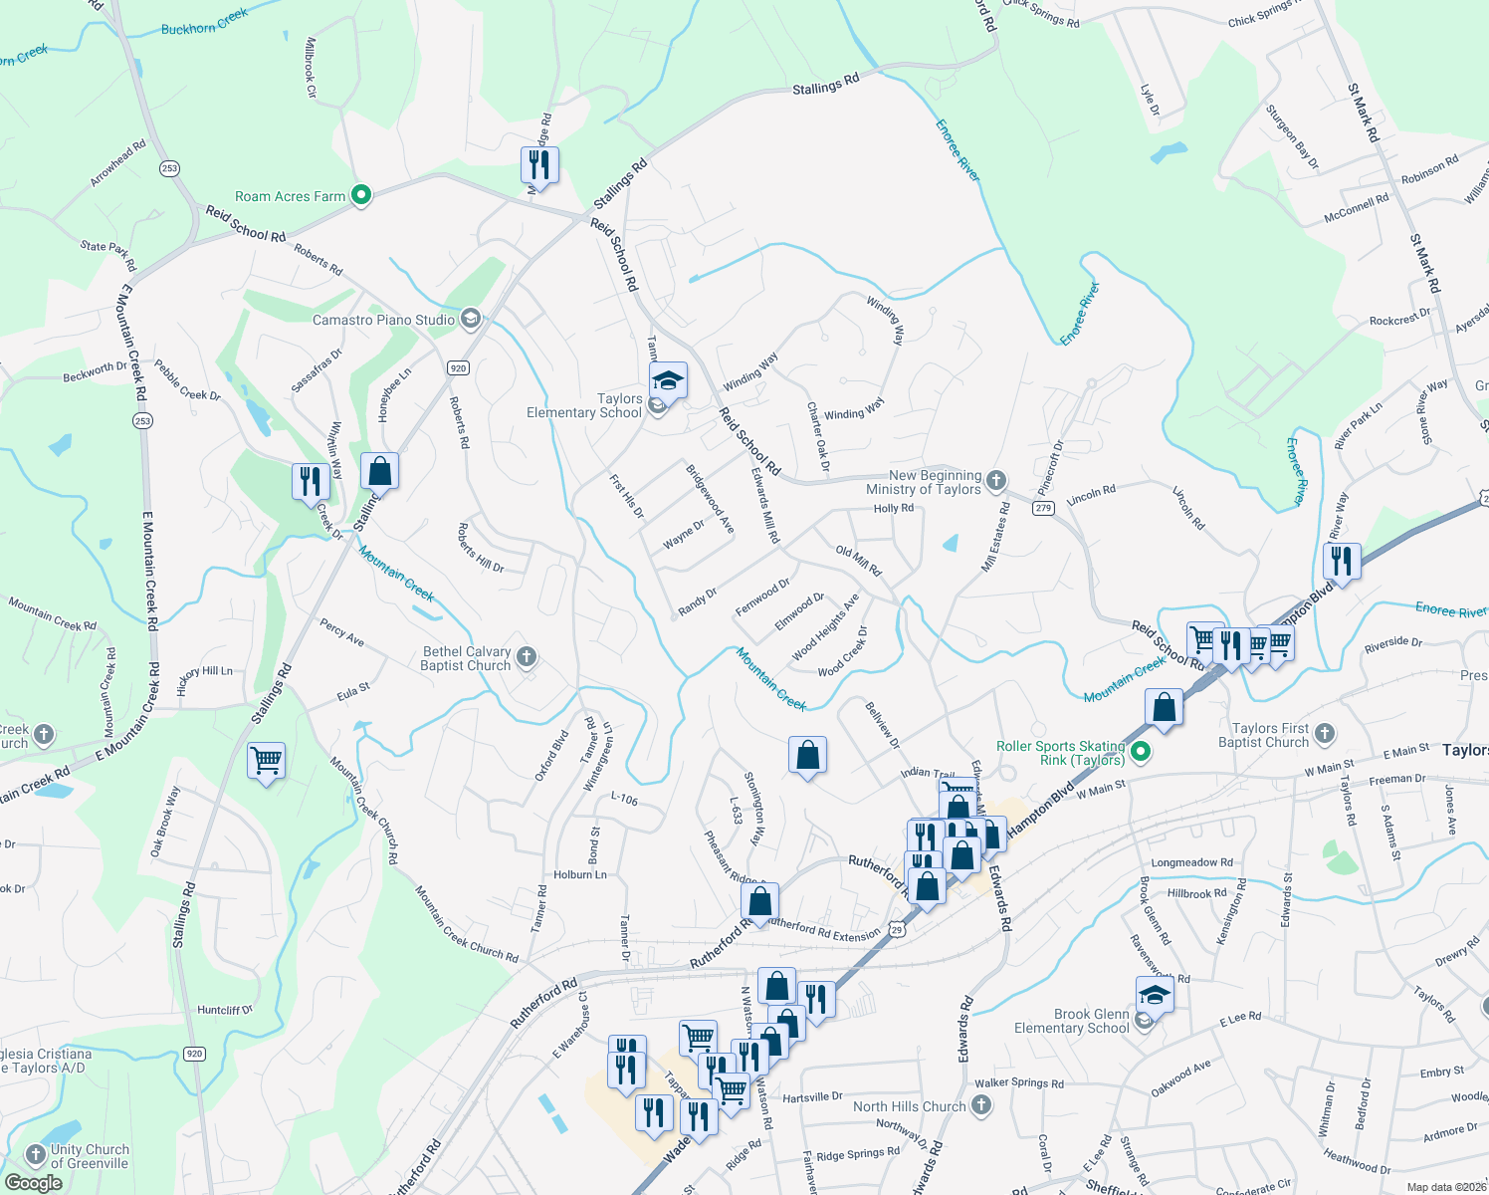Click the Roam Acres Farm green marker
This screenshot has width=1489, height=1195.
(x=361, y=195)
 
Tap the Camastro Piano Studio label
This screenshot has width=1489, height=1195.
(x=383, y=320)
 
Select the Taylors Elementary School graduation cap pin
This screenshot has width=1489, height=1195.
(x=668, y=381)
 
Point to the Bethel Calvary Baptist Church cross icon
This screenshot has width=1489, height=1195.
(x=528, y=656)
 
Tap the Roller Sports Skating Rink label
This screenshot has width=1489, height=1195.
(x=1061, y=753)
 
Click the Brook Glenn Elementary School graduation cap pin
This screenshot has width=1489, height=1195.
(x=1155, y=994)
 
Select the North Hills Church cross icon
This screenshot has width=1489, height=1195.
(x=981, y=1104)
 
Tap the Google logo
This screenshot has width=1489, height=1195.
(x=33, y=1183)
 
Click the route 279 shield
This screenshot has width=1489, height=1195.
(x=1043, y=508)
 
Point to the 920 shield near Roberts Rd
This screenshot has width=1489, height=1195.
(x=458, y=367)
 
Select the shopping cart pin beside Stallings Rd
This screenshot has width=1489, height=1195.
(x=266, y=762)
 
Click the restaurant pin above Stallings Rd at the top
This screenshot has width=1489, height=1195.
(x=539, y=164)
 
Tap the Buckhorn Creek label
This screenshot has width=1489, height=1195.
(x=204, y=22)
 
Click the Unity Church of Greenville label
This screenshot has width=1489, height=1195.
(x=90, y=1156)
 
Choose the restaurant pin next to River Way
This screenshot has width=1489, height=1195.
(x=1342, y=561)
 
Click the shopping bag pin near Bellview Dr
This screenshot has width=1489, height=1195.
(x=807, y=756)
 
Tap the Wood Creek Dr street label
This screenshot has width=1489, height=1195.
(x=843, y=652)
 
